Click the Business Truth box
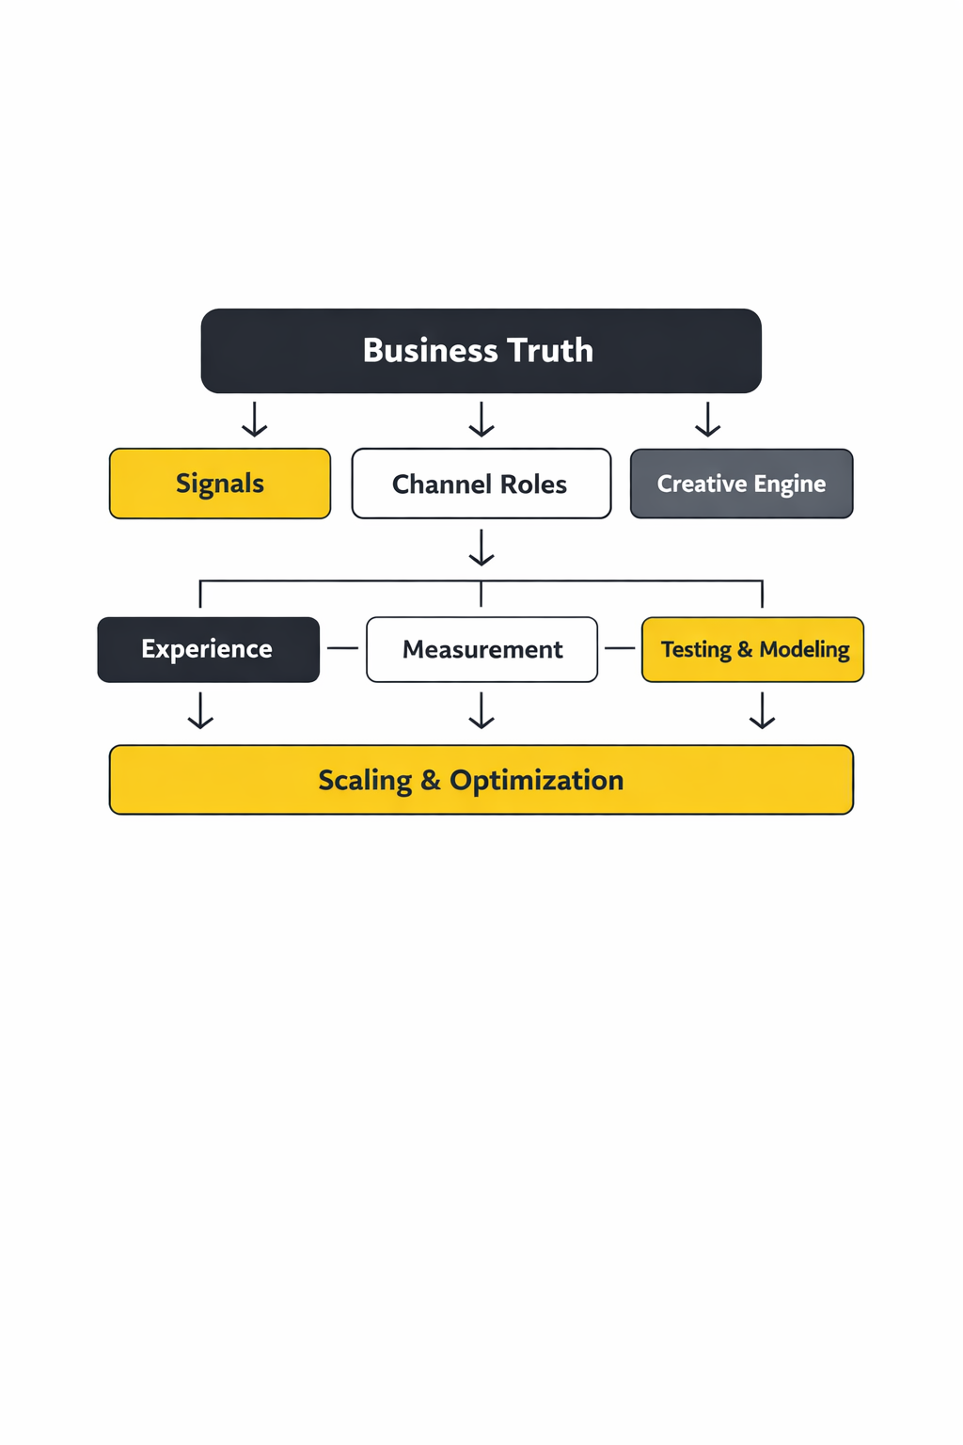tap(481, 351)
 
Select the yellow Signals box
tap(220, 484)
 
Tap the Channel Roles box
tap(481, 484)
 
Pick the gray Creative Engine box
tap(741, 484)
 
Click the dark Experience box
tap(208, 649)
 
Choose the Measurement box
tap(481, 649)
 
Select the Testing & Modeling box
tap(752, 649)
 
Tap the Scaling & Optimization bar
tap(481, 780)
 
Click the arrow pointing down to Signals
tap(254, 420)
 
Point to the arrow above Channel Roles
tap(481, 420)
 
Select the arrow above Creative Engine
tap(707, 420)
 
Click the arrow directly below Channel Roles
tap(481, 548)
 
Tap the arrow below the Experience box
tap(200, 710)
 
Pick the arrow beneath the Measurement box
tap(481, 710)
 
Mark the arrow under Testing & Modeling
tap(762, 710)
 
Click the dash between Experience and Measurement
tap(342, 648)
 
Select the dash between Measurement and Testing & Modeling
tap(620, 648)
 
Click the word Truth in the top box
tap(550, 351)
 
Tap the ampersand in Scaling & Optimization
tap(431, 781)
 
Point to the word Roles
tap(533, 484)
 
